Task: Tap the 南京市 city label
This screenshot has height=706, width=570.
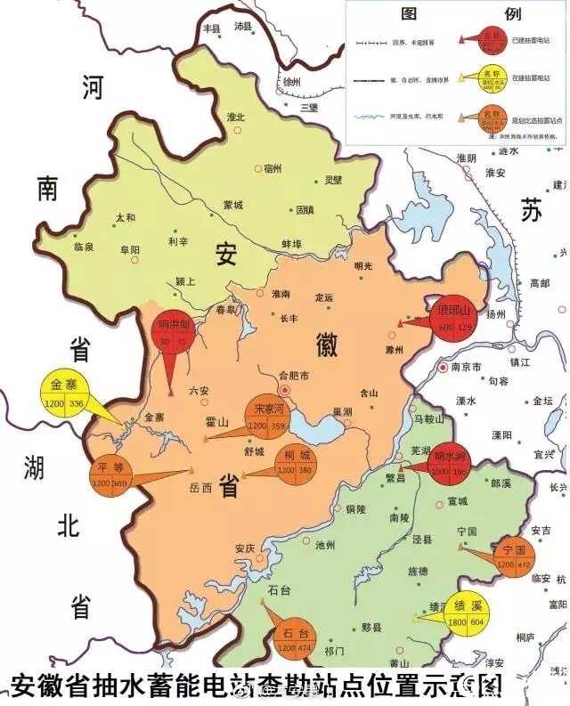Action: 465,366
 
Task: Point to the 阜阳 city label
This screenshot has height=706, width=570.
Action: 130,251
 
